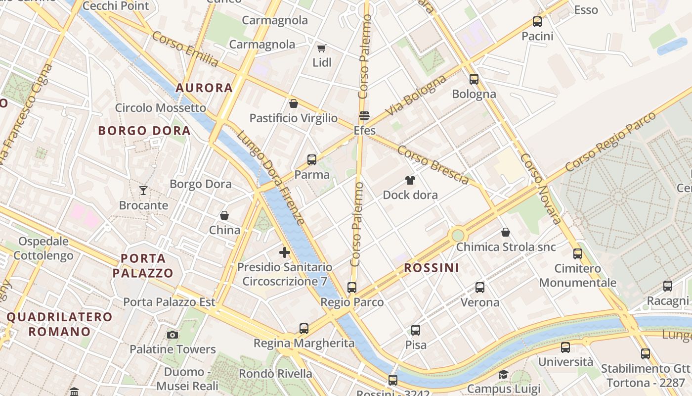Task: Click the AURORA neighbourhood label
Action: [204, 88]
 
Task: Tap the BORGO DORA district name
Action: [144, 131]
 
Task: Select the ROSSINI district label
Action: [432, 268]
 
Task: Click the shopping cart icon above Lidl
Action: [322, 48]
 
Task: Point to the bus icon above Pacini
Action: [537, 22]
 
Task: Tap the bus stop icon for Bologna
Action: [474, 79]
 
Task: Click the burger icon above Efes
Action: [364, 116]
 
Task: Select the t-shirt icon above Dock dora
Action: [410, 180]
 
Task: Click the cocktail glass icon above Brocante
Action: [143, 190]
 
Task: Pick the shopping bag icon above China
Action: [224, 215]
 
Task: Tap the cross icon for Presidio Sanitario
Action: [285, 252]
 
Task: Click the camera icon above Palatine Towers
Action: [173, 335]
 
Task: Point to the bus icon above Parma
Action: [311, 160]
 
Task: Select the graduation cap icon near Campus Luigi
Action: [503, 374]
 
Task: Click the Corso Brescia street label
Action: [433, 165]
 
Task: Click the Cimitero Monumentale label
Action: [578, 276]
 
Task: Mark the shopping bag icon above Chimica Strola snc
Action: [506, 232]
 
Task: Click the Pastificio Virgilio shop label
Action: [294, 118]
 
